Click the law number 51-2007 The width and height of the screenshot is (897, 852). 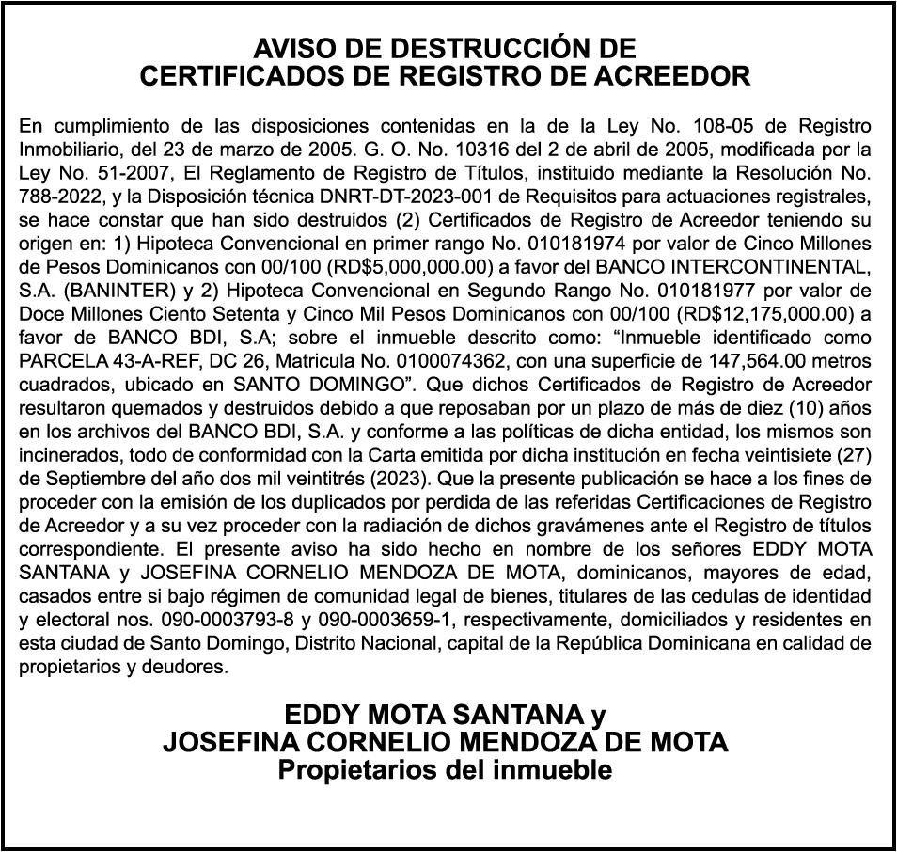[x=117, y=173]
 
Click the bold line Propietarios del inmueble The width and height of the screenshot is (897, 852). [x=445, y=770]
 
